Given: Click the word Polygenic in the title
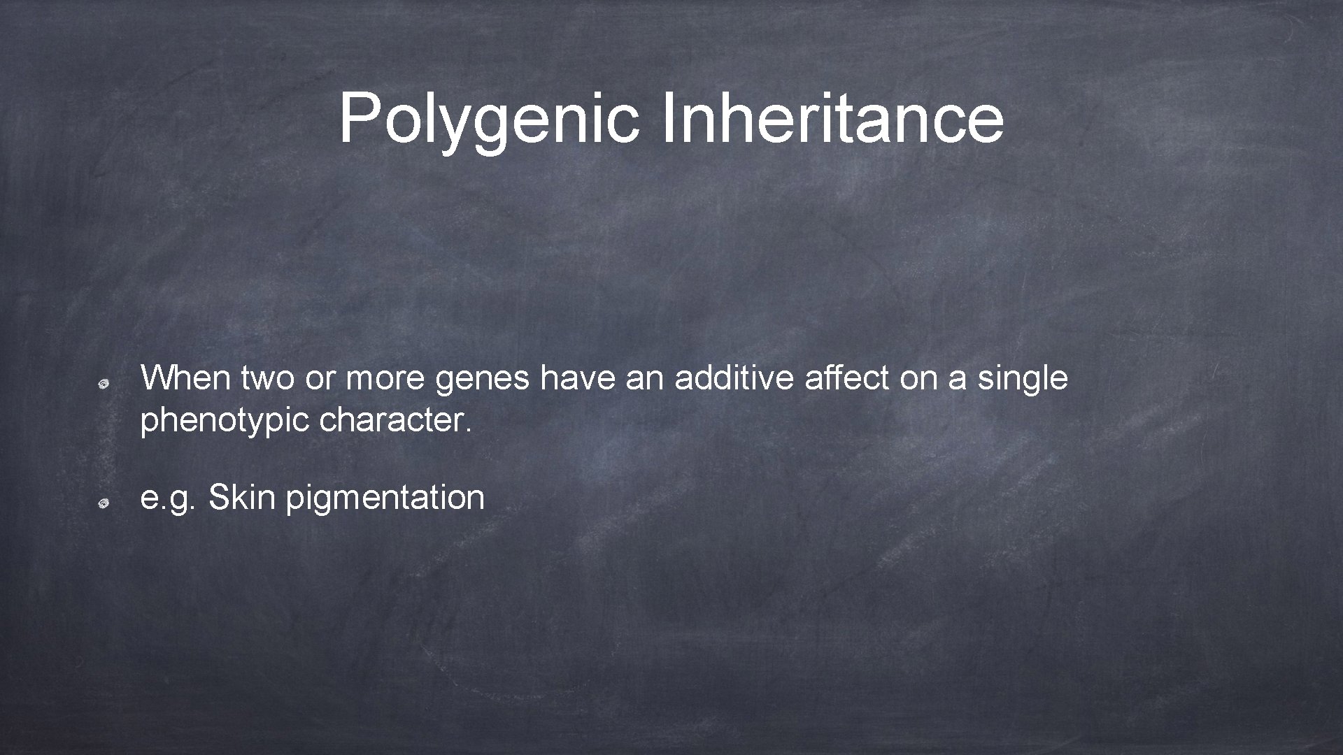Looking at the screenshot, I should [x=488, y=119].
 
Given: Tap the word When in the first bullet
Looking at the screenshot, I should [x=185, y=378].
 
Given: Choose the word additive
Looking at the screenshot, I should [x=734, y=378].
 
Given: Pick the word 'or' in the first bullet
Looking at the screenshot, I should [x=320, y=379].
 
